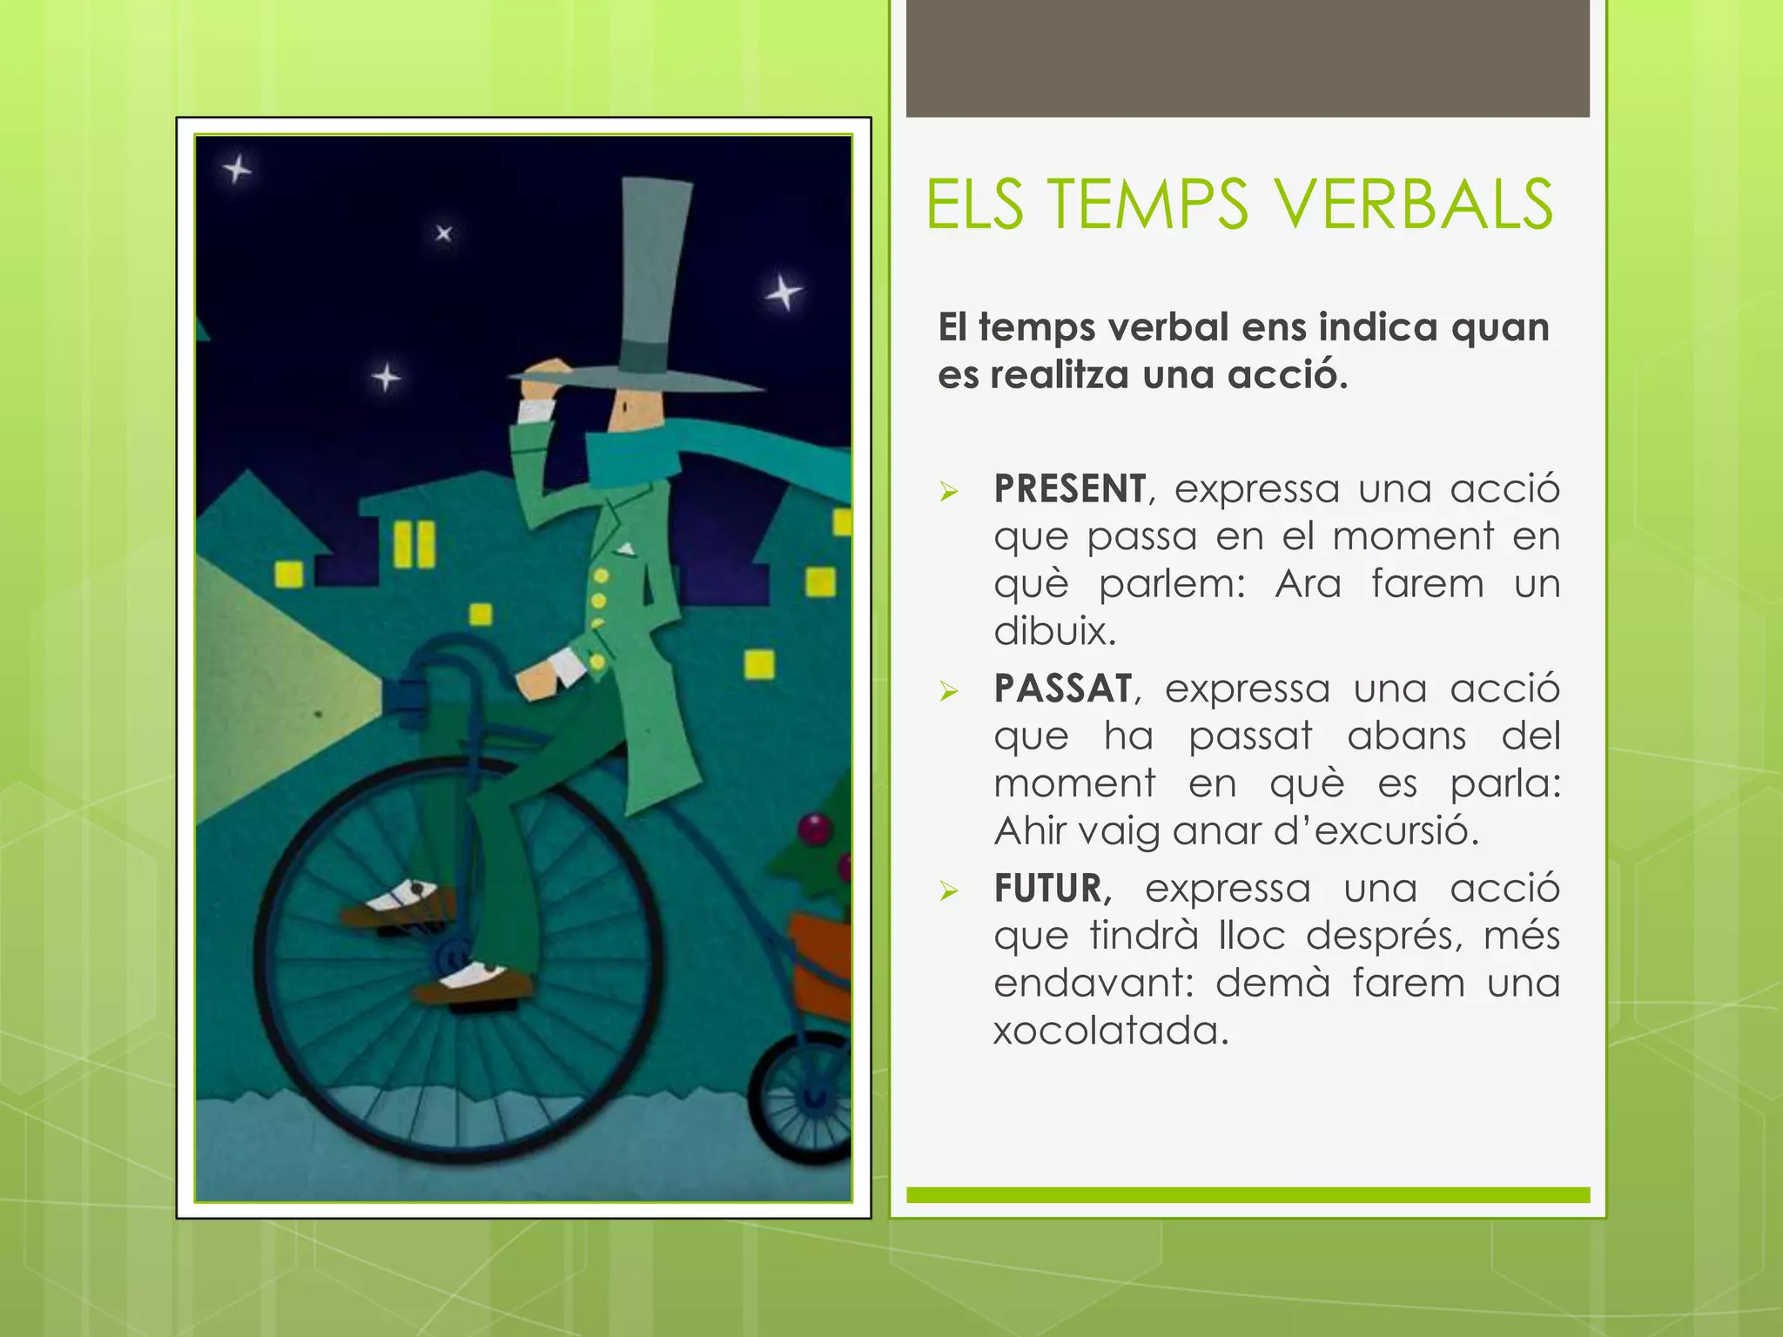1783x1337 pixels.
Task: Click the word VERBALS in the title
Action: coord(1414,205)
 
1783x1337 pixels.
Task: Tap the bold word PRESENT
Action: coord(1070,489)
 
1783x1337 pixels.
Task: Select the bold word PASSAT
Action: coord(1063,689)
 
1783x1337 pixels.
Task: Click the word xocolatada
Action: coord(1111,1031)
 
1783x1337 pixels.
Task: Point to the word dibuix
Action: coord(1054,632)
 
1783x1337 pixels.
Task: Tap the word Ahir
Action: coord(1031,831)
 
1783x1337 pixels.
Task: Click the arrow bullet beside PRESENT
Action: coord(949,493)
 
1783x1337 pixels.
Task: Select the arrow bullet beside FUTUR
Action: coord(949,891)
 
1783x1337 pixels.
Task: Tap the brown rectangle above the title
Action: coord(1247,57)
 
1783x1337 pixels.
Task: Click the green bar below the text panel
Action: coord(1247,1194)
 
